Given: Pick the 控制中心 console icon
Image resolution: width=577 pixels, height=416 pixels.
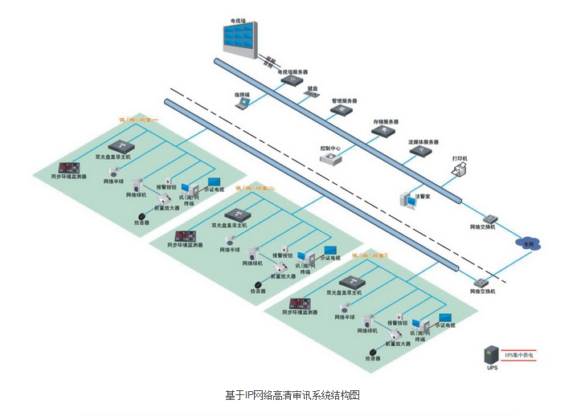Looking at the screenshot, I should point(330,158).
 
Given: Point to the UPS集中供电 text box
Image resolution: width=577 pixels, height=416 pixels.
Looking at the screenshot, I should point(519,354).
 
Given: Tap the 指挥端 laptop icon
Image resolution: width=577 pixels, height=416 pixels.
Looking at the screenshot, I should point(242,104).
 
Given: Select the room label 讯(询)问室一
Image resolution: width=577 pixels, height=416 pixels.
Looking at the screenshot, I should point(139,119).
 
